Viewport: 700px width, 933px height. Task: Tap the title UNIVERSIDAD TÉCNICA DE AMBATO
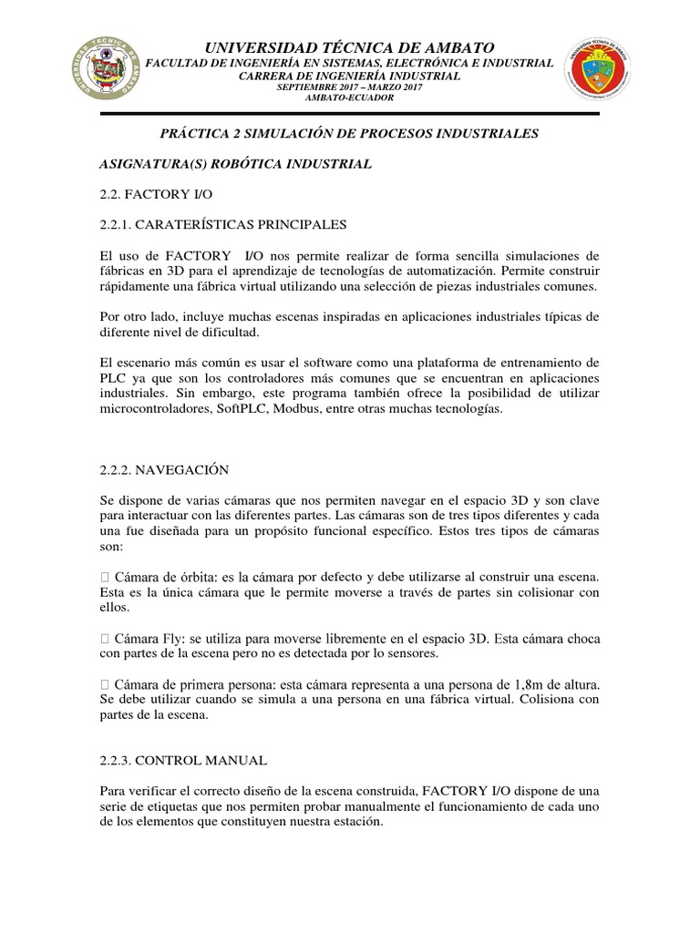point(350,47)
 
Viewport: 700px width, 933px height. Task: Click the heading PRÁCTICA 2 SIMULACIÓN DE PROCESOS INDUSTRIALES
point(350,134)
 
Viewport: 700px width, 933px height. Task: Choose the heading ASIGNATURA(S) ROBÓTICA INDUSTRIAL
point(235,164)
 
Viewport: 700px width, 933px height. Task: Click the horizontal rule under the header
point(350,113)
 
